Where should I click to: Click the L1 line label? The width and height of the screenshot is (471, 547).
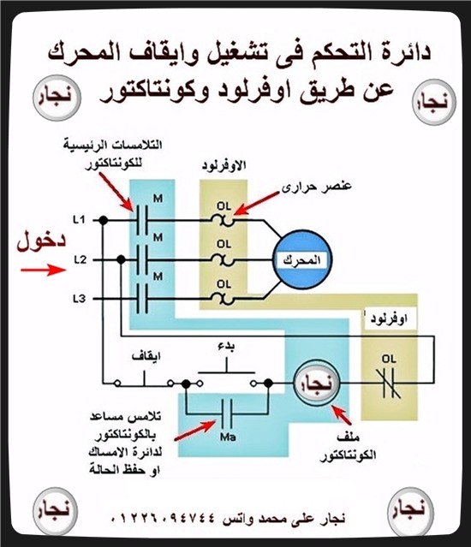(x=79, y=219)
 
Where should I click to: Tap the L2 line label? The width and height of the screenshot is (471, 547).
(x=80, y=260)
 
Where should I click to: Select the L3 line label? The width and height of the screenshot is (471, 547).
(x=79, y=299)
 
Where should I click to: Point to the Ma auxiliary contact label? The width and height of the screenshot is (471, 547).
(x=228, y=437)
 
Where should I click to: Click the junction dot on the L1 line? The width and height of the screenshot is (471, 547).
(x=103, y=220)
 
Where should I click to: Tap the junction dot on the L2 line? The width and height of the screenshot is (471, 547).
(x=121, y=260)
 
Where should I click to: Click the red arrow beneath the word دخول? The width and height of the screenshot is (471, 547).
(x=44, y=270)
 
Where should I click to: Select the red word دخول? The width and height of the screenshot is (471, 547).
(x=41, y=241)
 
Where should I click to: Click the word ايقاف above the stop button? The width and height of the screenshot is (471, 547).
(x=146, y=356)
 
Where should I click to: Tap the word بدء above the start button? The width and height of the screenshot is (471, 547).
(x=226, y=346)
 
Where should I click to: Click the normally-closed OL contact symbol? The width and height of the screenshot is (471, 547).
(x=389, y=383)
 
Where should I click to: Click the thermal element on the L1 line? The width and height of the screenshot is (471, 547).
(x=223, y=221)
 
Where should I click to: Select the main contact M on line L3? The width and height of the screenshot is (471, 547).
(x=142, y=299)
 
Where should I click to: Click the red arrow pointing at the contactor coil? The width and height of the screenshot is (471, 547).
(x=341, y=414)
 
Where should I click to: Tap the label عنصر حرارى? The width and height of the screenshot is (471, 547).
(x=317, y=186)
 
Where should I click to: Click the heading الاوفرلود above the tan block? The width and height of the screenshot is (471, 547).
(x=224, y=165)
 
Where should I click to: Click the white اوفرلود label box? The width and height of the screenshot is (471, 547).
(x=390, y=318)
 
